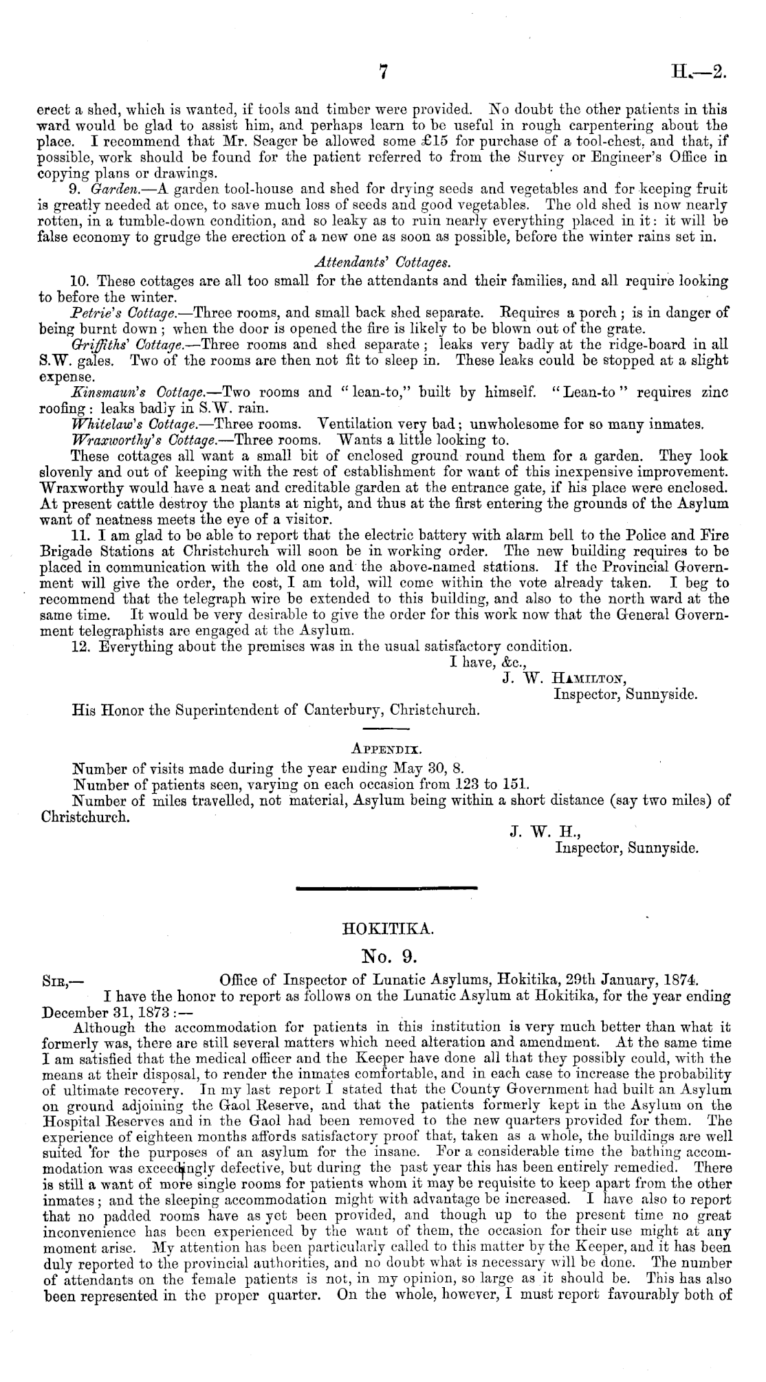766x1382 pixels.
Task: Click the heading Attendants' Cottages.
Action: click(382, 262)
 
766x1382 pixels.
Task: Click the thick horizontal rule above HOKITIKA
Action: click(386, 889)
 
